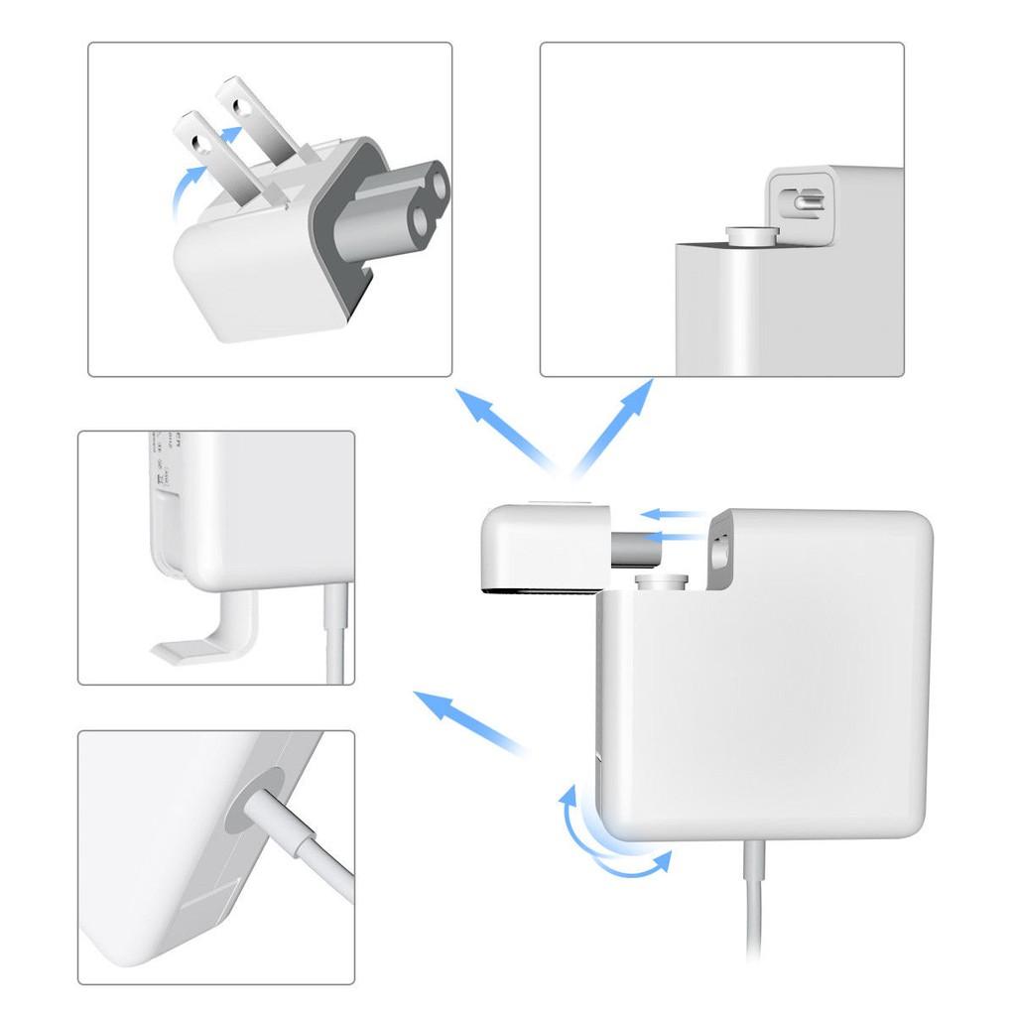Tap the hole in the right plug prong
[241, 99]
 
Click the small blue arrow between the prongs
[230, 133]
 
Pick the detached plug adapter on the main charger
[541, 546]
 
